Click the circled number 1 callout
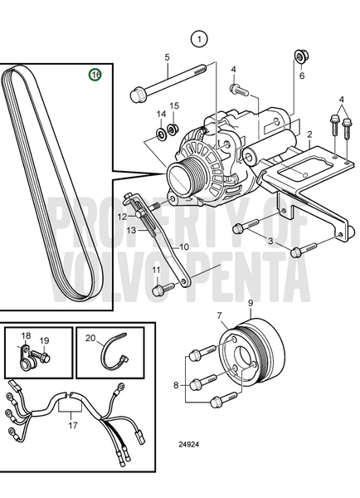[199, 39]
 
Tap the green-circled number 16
[95, 75]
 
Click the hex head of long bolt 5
[137, 95]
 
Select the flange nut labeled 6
[300, 56]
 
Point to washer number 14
[161, 134]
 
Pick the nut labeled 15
[173, 129]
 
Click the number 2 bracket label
[309, 134]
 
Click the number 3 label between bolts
[270, 241]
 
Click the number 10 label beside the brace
[184, 247]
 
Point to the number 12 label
[122, 217]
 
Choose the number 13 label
[131, 230]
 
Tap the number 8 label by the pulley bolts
[176, 385]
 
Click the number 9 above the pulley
[251, 303]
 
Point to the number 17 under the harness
[73, 425]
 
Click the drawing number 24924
[188, 444]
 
